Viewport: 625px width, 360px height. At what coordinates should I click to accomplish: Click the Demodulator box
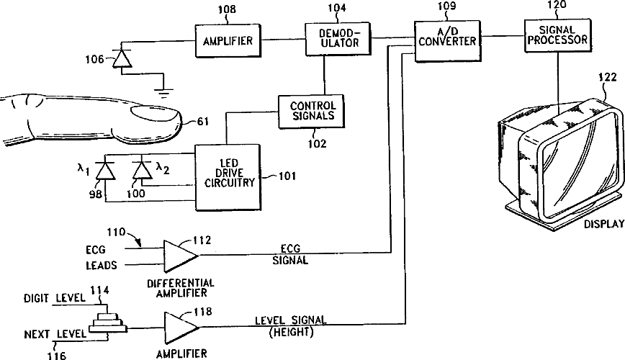coord(338,39)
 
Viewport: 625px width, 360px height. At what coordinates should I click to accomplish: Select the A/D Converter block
coord(447,42)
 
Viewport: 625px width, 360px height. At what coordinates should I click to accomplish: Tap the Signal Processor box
coord(557,35)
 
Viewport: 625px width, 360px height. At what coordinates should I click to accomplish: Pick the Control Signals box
coord(311,111)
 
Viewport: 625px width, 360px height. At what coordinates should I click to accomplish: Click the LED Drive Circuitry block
coord(228,177)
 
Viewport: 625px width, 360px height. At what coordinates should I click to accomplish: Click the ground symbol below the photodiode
coord(163,92)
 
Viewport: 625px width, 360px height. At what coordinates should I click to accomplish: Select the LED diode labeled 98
coord(106,171)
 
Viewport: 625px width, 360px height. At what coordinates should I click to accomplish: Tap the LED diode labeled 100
coord(142,171)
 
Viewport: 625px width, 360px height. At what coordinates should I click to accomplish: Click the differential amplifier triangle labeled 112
coord(180,256)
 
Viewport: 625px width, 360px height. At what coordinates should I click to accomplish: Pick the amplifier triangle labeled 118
coord(180,328)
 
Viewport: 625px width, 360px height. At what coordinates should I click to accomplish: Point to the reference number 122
coord(608,77)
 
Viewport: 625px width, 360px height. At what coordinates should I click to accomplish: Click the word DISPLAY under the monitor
coord(604,224)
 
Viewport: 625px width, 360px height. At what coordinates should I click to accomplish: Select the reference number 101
coord(287,176)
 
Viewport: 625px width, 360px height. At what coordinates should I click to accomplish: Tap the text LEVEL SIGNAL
coord(291,320)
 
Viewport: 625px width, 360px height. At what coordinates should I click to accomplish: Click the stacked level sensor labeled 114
coord(107,323)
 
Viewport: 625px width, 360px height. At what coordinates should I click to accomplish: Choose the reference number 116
coord(56,355)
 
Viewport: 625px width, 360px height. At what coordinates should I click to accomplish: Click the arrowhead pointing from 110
coord(138,243)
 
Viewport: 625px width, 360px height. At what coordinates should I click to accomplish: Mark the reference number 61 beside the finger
coord(203,121)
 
